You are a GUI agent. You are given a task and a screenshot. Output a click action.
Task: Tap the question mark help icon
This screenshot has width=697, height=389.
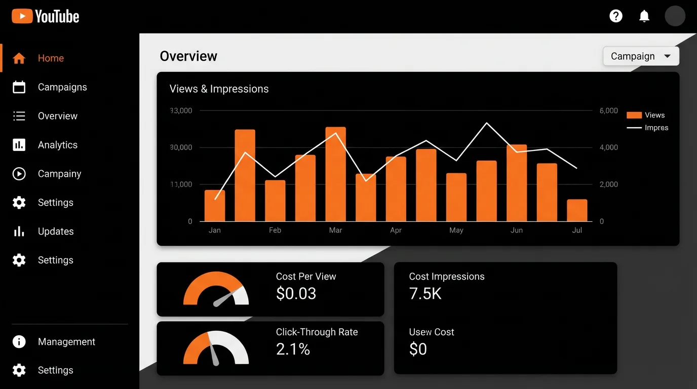pos(616,16)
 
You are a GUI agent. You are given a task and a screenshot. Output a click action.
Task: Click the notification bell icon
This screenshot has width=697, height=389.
pos(644,16)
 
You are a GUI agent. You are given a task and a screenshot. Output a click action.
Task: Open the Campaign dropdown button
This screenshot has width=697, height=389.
pos(641,56)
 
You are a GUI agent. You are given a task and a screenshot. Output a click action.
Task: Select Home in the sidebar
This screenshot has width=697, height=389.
pos(51,58)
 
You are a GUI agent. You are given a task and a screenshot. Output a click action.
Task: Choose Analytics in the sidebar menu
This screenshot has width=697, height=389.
pos(57,145)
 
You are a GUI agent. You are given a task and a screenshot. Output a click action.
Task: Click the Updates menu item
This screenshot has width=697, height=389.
pos(56,231)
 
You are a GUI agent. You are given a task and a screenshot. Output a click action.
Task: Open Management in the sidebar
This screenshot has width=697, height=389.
pos(66,342)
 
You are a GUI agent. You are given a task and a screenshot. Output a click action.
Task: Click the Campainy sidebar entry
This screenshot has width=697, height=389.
pos(59,174)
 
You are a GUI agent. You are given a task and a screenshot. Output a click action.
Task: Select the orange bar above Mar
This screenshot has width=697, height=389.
pos(335,174)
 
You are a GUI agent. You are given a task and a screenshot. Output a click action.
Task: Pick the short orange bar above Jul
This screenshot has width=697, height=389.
pos(577,210)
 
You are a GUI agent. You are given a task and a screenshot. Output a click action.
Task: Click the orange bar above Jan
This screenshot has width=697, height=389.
pos(215,206)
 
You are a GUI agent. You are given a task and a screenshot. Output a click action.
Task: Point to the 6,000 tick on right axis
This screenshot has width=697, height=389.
pos(608,111)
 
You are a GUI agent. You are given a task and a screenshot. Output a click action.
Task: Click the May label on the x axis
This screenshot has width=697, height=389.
pos(456,230)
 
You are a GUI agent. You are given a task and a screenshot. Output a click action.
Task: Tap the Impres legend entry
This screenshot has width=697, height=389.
pos(648,128)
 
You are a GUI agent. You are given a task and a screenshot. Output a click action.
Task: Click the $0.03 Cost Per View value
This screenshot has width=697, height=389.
pos(296,294)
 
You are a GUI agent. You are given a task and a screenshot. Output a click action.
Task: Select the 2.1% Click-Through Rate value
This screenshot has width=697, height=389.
pos(293,349)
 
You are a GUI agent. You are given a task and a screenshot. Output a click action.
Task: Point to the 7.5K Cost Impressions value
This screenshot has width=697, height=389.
pos(425,294)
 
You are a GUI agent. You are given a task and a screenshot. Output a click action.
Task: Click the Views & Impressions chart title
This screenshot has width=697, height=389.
pos(219,89)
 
